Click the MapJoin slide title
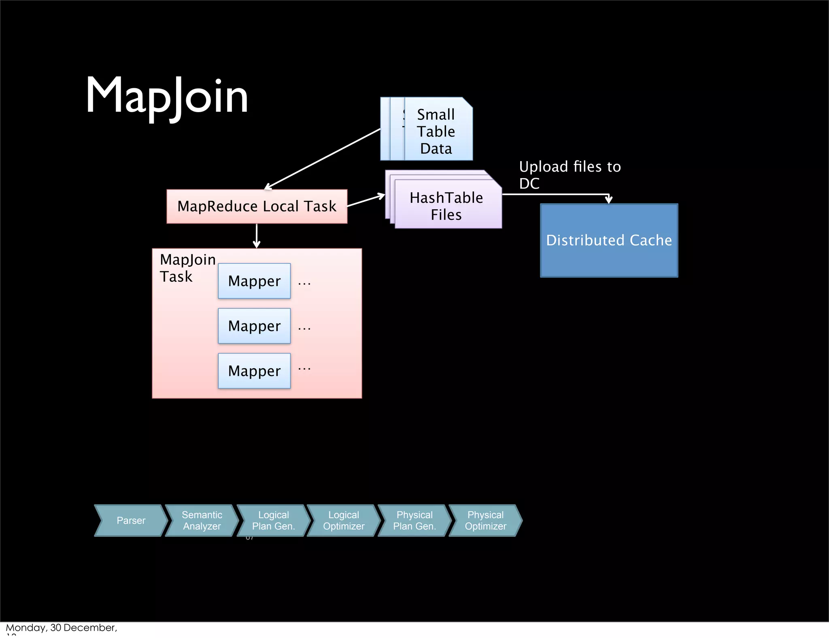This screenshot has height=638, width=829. click(x=166, y=96)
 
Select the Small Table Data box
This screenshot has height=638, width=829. click(x=436, y=131)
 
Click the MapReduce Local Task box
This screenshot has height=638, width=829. click(x=257, y=206)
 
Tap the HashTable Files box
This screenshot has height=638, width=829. click(x=446, y=206)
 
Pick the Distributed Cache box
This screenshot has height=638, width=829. click(x=609, y=240)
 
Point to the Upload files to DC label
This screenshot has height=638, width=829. click(x=570, y=175)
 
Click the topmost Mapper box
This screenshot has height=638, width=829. click(x=254, y=281)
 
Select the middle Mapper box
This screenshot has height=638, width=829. click(x=254, y=326)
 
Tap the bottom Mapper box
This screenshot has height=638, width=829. click(x=254, y=371)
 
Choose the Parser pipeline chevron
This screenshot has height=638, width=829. click(x=131, y=521)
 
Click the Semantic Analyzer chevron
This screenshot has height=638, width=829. click(x=202, y=521)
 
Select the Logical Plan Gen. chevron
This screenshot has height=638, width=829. click(x=273, y=521)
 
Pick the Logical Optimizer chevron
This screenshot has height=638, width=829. click(x=344, y=521)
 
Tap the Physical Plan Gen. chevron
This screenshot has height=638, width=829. click(x=414, y=521)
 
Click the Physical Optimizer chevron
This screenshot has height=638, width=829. click(x=485, y=521)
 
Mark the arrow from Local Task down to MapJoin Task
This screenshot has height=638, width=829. click(x=257, y=236)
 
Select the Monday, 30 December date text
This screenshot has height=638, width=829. click(x=61, y=628)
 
